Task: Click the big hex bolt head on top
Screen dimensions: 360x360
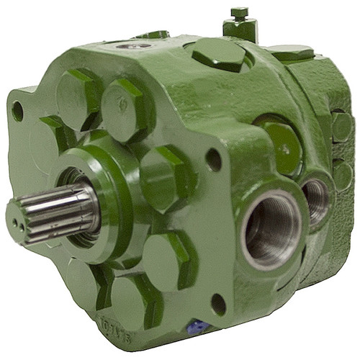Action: coord(219,55)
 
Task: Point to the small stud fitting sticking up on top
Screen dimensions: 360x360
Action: coord(240,25)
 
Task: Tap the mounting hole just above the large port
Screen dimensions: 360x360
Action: coord(214,159)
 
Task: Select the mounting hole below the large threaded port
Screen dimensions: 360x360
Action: coord(217,303)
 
